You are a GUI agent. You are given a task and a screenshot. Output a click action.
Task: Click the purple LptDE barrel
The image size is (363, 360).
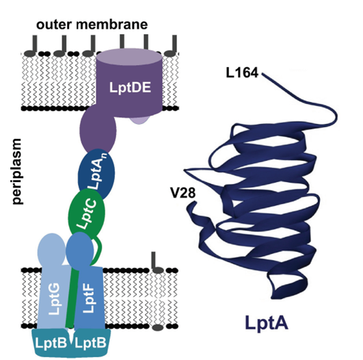[129, 86]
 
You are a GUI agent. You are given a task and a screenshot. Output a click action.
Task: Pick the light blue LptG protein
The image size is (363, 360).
[53, 287]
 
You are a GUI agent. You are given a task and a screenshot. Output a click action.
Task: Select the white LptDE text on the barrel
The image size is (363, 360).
[129, 88]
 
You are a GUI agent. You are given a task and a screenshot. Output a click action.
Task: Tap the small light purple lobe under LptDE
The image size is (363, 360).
[140, 120]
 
